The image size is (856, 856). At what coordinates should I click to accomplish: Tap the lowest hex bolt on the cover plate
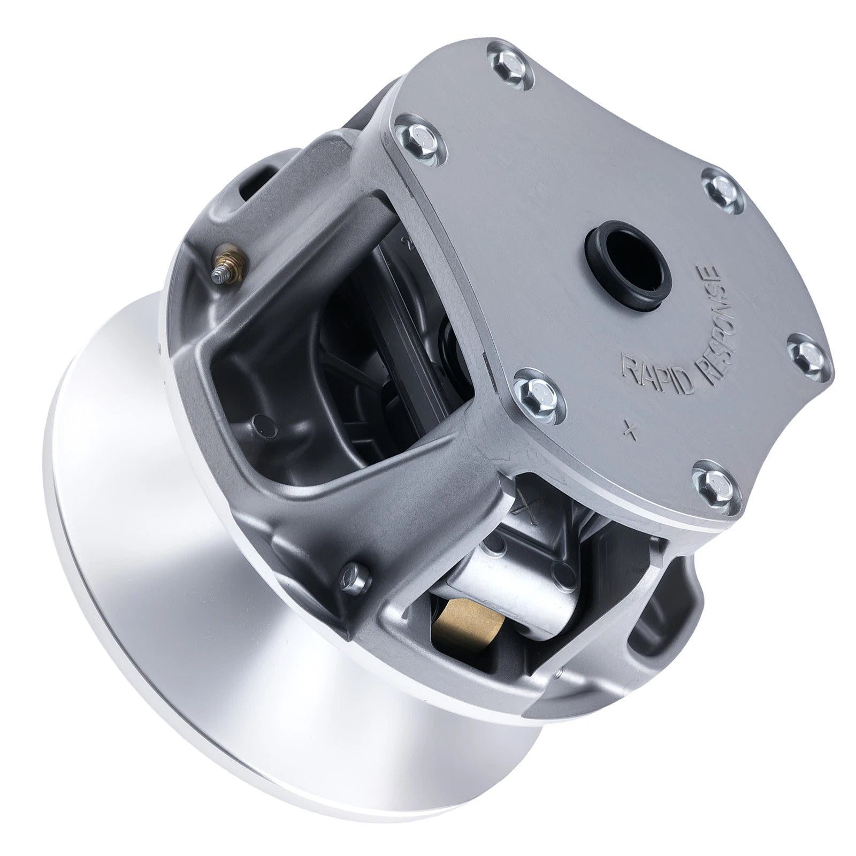pyautogui.click(x=714, y=484)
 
